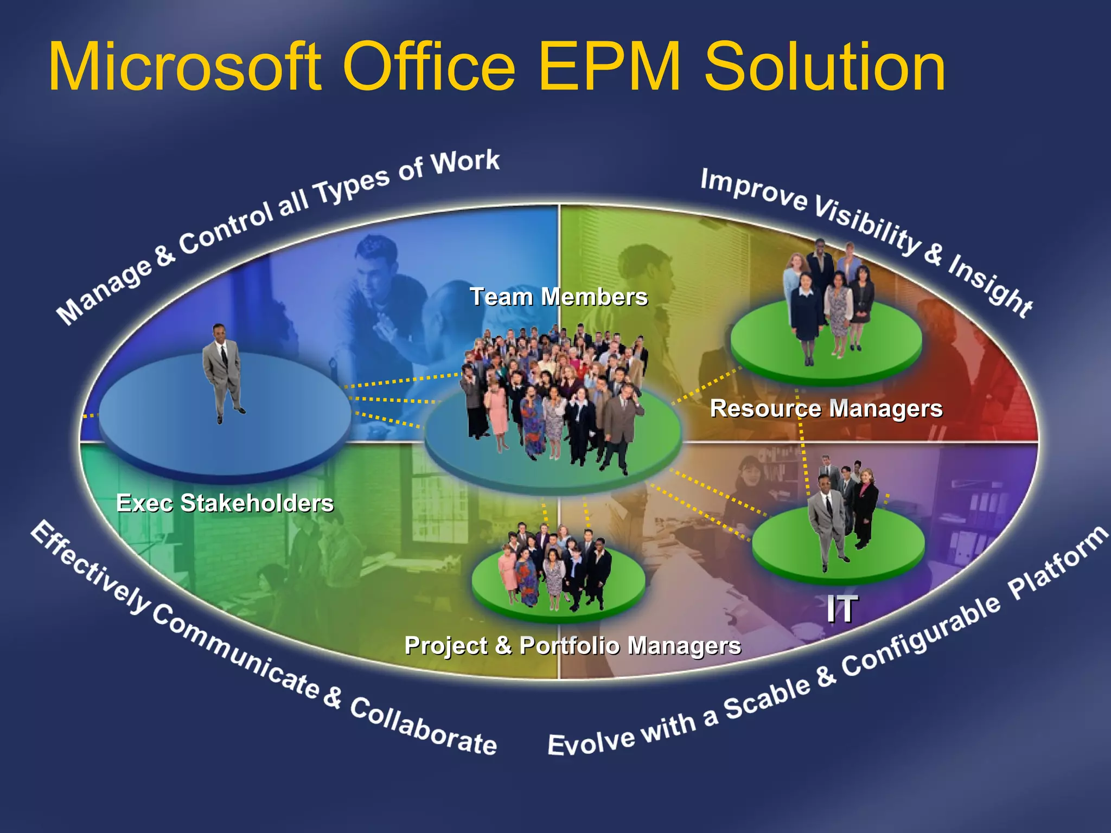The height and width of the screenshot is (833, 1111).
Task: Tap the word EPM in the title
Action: click(609, 68)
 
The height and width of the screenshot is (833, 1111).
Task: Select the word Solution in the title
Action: click(825, 68)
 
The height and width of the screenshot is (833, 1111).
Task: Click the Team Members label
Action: click(558, 297)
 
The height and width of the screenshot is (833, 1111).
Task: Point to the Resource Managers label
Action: click(826, 408)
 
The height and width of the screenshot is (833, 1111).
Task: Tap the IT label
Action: click(841, 609)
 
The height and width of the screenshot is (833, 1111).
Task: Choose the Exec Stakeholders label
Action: click(225, 503)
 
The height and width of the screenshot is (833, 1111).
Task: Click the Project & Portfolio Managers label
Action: click(572, 645)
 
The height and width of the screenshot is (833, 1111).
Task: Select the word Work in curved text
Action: click(465, 162)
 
